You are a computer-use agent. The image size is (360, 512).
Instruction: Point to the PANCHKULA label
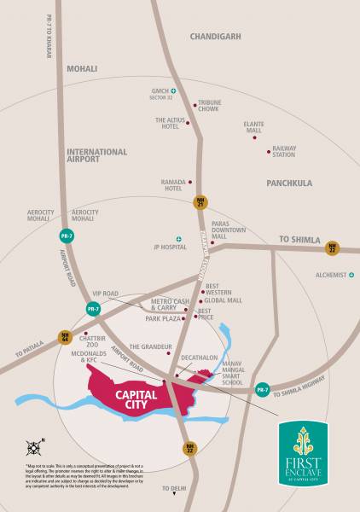(x=288, y=183)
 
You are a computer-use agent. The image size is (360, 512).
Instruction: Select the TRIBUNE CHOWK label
(x=209, y=106)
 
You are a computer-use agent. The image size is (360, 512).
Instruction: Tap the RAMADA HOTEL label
(x=173, y=185)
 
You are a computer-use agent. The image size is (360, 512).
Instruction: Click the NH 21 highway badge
(x=200, y=204)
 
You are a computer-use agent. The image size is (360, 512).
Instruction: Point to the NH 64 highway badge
(x=64, y=337)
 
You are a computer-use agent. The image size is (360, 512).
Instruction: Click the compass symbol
(x=34, y=445)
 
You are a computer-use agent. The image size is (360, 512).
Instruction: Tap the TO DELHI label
(x=174, y=488)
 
